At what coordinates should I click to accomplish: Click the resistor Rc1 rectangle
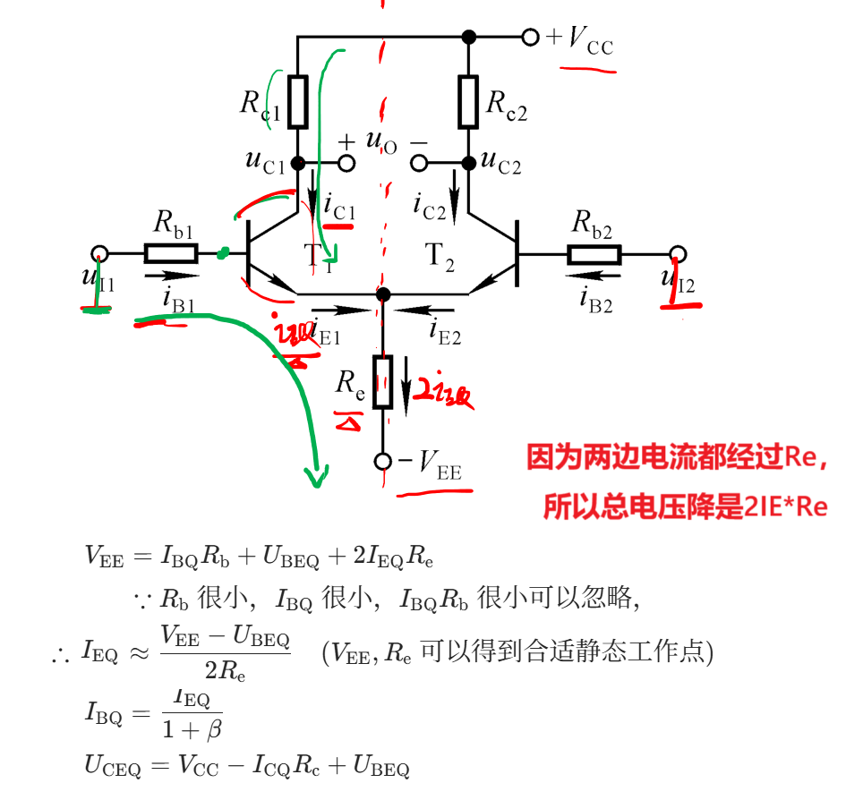coord(298,101)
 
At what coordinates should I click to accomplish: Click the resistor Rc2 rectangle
coord(468,101)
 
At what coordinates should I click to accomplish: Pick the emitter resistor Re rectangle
coord(383,381)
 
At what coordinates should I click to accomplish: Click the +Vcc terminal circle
coord(531,37)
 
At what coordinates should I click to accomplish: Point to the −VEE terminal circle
coord(383,461)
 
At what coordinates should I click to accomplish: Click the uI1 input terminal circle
coord(100,253)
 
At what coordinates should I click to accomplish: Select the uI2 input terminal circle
coord(679,253)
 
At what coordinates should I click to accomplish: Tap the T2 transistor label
coord(440,257)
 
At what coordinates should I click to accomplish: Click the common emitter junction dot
coord(383,294)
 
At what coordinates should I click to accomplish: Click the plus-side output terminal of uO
coord(346,164)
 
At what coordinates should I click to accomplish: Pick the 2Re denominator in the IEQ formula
coord(225,669)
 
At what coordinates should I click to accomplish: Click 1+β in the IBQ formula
coord(191,729)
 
